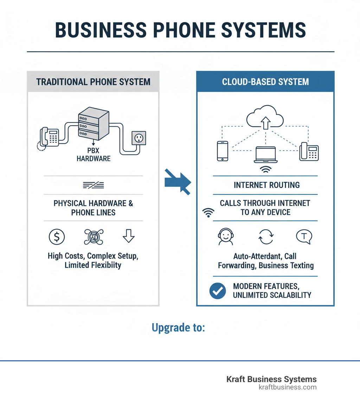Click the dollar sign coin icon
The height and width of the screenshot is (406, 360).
[57, 237]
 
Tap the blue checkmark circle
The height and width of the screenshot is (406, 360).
[217, 290]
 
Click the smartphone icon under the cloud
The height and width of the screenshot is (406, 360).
[223, 151]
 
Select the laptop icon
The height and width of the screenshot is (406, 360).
[266, 156]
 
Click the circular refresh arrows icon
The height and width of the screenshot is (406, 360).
[266, 237]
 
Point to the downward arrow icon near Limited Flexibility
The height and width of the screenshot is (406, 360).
[129, 236]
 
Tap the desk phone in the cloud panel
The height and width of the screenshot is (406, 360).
[309, 151]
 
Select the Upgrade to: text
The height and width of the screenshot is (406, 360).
[178, 328]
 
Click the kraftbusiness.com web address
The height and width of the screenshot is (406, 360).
[287, 387]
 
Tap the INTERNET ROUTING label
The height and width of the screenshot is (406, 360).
[266, 185]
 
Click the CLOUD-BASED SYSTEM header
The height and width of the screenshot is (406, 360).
[265, 82]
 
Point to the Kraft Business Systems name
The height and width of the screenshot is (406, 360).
[271, 379]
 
